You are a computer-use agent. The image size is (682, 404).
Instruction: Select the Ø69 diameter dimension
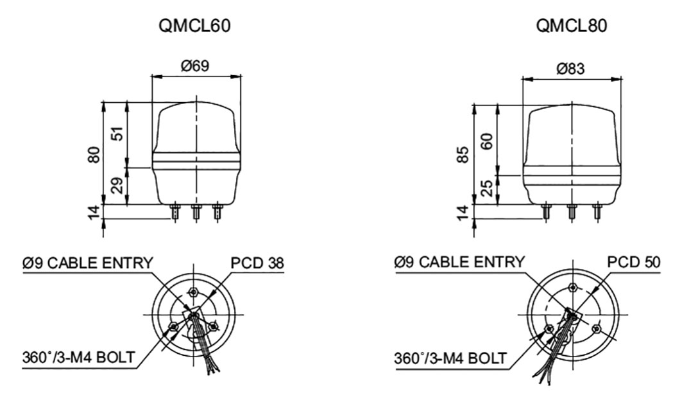click(196, 66)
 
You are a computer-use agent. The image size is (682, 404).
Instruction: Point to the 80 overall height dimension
click(95, 154)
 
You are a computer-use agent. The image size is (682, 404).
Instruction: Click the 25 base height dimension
click(488, 189)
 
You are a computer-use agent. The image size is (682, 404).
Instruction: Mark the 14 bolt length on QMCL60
click(95, 212)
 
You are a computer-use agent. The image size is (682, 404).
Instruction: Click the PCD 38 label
click(257, 263)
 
